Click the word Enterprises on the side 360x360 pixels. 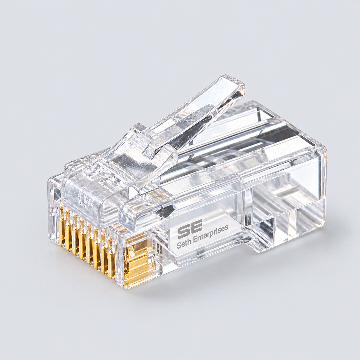click(211, 235)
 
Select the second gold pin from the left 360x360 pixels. click(69, 236)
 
